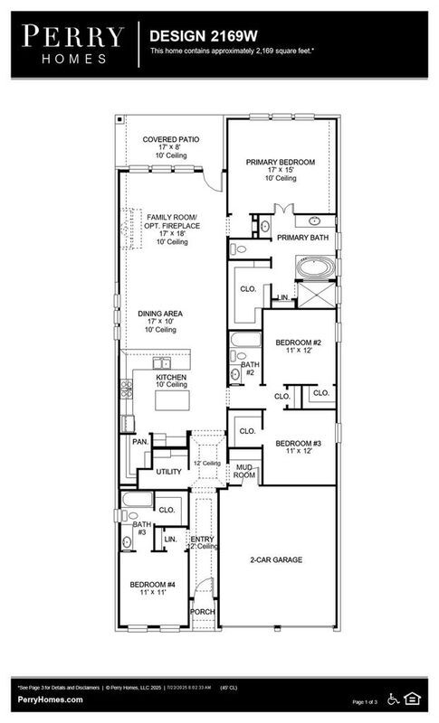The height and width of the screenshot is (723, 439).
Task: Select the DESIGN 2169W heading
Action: pos(192,33)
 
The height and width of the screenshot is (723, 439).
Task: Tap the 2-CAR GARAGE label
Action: pos(276,560)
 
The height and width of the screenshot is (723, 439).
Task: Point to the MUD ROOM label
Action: pos(244,471)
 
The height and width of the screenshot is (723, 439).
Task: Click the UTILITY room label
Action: pos(168,472)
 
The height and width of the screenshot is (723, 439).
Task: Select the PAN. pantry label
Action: pos(139,443)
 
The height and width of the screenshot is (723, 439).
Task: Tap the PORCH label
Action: pos(202,612)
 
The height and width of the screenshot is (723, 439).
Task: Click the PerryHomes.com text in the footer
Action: pos(50,700)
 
